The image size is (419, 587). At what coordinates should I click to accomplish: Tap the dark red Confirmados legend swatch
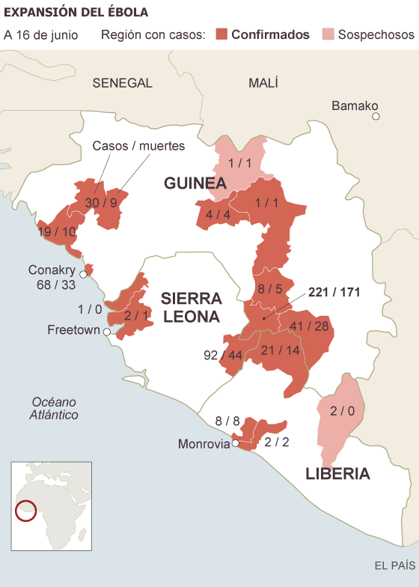(x=221, y=34)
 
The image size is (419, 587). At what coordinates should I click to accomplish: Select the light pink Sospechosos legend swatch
(x=328, y=34)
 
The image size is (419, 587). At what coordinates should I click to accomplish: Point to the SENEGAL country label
(x=122, y=83)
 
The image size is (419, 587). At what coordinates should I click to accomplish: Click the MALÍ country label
(x=263, y=83)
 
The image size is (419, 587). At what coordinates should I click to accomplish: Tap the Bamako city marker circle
(x=376, y=116)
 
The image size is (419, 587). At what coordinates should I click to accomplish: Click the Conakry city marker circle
(x=83, y=274)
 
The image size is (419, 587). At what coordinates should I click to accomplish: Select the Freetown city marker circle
(x=107, y=331)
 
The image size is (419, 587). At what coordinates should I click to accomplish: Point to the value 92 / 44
(x=222, y=354)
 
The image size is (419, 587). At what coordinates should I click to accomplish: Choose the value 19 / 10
(x=57, y=232)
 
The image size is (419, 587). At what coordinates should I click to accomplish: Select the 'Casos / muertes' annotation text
(x=138, y=146)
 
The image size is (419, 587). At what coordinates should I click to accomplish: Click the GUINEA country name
(x=195, y=183)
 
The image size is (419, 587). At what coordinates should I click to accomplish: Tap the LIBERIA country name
(x=337, y=473)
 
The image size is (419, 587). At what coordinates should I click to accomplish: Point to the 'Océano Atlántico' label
(x=54, y=408)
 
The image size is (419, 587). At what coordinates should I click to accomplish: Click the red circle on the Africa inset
(x=27, y=511)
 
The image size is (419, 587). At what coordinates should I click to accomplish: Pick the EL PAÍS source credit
(x=394, y=564)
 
